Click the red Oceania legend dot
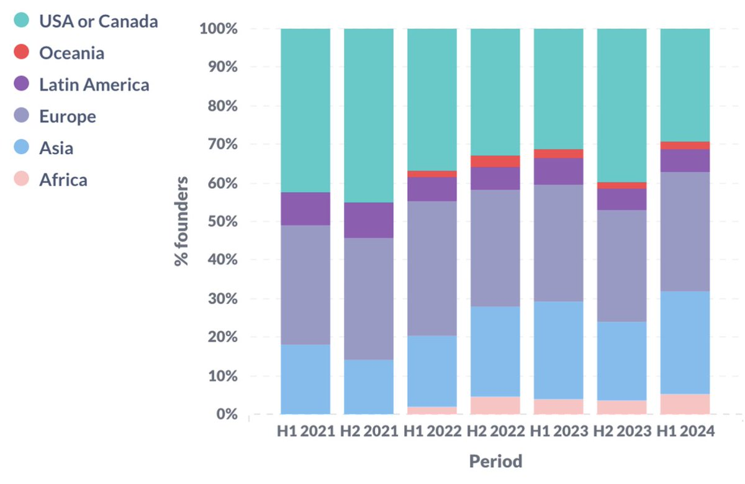22,52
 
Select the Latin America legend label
94,84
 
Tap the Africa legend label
63,180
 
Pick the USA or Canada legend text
98,21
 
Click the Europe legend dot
22,116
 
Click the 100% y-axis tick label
218,29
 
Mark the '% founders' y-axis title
181,221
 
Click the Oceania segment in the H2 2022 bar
495,161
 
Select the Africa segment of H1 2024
685,404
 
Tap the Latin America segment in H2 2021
369,220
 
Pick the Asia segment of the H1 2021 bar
305,379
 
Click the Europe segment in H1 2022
432,268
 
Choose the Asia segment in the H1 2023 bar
558,350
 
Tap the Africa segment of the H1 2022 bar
432,410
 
